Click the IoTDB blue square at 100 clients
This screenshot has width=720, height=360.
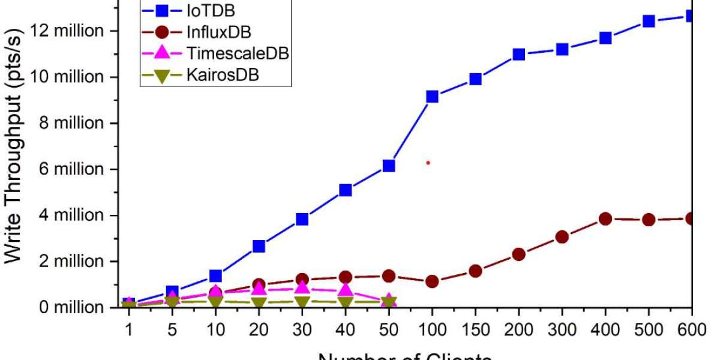click(432, 97)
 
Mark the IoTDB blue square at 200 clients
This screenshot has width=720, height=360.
click(518, 55)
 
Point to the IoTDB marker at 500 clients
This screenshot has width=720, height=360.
click(649, 21)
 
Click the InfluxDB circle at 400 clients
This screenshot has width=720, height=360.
click(605, 218)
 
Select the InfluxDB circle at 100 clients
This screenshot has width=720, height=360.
click(432, 281)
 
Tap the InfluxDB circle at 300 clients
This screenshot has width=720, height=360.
click(562, 236)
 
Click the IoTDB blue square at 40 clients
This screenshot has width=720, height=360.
click(346, 190)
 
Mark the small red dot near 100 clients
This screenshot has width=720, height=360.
click(428, 163)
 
